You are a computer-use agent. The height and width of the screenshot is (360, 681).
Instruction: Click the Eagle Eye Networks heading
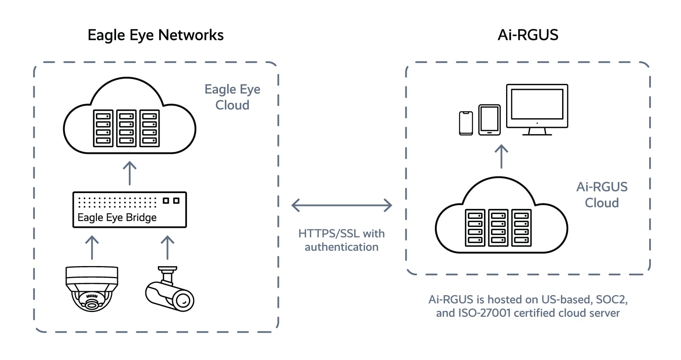[156, 35]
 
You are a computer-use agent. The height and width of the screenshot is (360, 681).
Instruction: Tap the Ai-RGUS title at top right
[528, 35]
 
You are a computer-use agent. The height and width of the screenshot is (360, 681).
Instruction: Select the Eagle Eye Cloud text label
[232, 97]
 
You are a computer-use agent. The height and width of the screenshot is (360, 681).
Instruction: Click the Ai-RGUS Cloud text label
[602, 195]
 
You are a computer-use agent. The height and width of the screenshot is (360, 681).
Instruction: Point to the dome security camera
[92, 288]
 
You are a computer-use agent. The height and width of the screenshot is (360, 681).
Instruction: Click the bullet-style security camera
[170, 290]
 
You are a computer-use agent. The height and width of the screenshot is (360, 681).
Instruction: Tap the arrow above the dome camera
[92, 247]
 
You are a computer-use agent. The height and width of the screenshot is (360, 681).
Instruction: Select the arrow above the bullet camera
[167, 247]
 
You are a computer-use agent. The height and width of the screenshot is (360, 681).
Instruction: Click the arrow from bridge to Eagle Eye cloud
[129, 173]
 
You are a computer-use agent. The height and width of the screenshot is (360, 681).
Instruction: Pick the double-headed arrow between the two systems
[341, 205]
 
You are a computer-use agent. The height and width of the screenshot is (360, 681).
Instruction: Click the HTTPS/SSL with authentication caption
[341, 240]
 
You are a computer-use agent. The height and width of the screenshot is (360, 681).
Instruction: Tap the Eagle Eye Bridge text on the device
[117, 218]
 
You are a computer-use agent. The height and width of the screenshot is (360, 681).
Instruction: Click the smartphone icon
[466, 123]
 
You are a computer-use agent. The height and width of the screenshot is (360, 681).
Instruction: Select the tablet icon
[489, 120]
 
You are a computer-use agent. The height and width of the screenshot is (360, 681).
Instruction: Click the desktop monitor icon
[537, 109]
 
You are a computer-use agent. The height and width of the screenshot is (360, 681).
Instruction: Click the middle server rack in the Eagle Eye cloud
[126, 128]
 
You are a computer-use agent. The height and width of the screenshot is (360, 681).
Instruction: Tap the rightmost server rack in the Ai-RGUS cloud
[521, 228]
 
